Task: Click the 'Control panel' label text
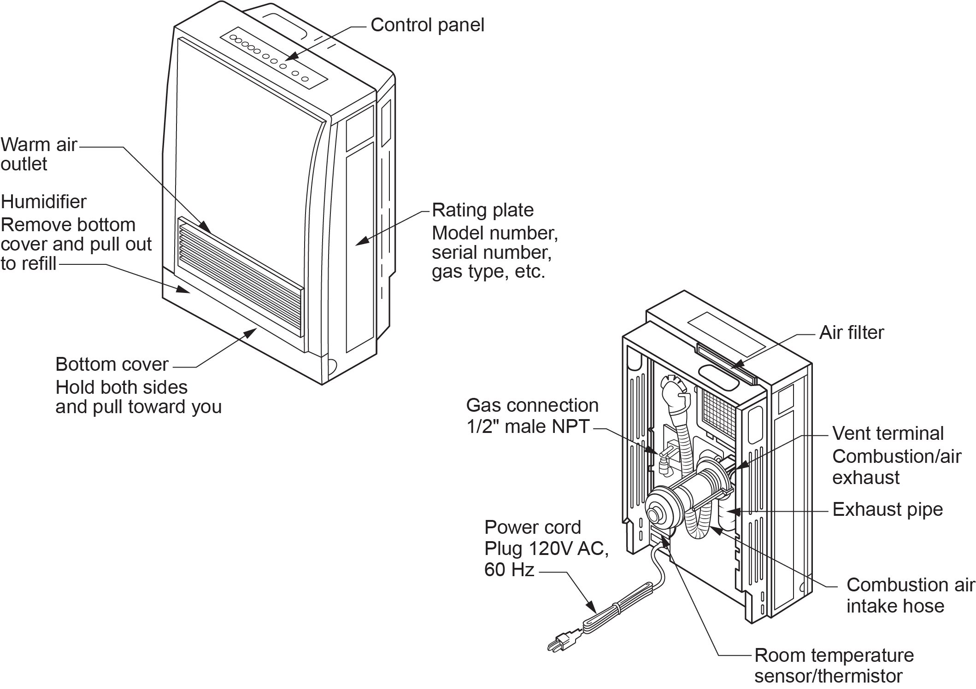click(427, 25)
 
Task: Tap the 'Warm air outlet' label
click(39, 154)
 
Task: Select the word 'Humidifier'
click(44, 202)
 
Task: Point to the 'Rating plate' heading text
click(482, 210)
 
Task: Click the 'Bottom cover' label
click(112, 364)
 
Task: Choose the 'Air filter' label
click(851, 333)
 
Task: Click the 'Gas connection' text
click(532, 405)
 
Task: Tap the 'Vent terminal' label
click(888, 433)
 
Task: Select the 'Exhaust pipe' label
click(887, 509)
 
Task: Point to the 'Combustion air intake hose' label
click(910, 595)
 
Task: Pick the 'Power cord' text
click(532, 527)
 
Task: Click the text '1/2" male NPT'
click(528, 427)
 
